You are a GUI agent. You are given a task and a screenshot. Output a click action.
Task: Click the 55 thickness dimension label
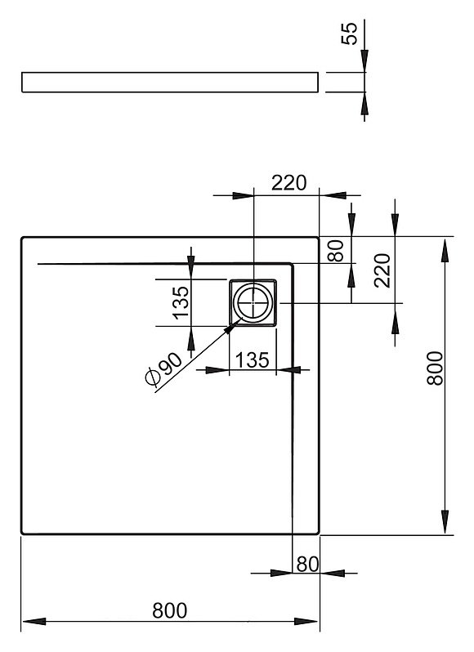[349, 33]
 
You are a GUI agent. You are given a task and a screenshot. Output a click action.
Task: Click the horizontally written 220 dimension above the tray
[289, 182]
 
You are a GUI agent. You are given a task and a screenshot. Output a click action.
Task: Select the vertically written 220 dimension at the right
[382, 270]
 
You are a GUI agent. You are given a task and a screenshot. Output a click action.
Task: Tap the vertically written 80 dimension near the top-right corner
[337, 251]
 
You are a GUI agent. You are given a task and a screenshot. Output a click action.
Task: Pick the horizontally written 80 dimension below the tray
[307, 564]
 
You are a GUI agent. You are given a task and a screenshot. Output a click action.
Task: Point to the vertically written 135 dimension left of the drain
[181, 302]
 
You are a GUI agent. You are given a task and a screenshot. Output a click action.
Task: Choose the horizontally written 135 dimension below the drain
[253, 359]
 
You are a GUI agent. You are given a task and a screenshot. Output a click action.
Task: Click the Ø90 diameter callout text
[163, 368]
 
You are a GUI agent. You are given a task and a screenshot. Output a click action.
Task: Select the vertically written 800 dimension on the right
[436, 368]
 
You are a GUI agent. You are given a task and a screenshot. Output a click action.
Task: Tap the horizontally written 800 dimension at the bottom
[170, 610]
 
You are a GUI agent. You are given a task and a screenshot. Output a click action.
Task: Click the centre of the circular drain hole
[253, 302]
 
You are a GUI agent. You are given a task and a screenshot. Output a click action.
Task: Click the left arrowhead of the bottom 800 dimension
[34, 622]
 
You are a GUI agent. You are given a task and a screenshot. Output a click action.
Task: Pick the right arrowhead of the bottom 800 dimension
[306, 622]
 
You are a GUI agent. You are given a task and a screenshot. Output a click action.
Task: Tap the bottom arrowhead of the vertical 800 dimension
[445, 522]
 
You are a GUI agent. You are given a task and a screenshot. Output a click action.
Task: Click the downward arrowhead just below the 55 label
[364, 60]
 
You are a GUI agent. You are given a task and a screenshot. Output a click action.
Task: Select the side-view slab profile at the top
[170, 82]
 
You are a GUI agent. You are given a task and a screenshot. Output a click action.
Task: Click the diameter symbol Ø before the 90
[153, 377]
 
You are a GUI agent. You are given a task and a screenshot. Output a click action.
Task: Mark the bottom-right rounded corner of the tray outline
[317, 532]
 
